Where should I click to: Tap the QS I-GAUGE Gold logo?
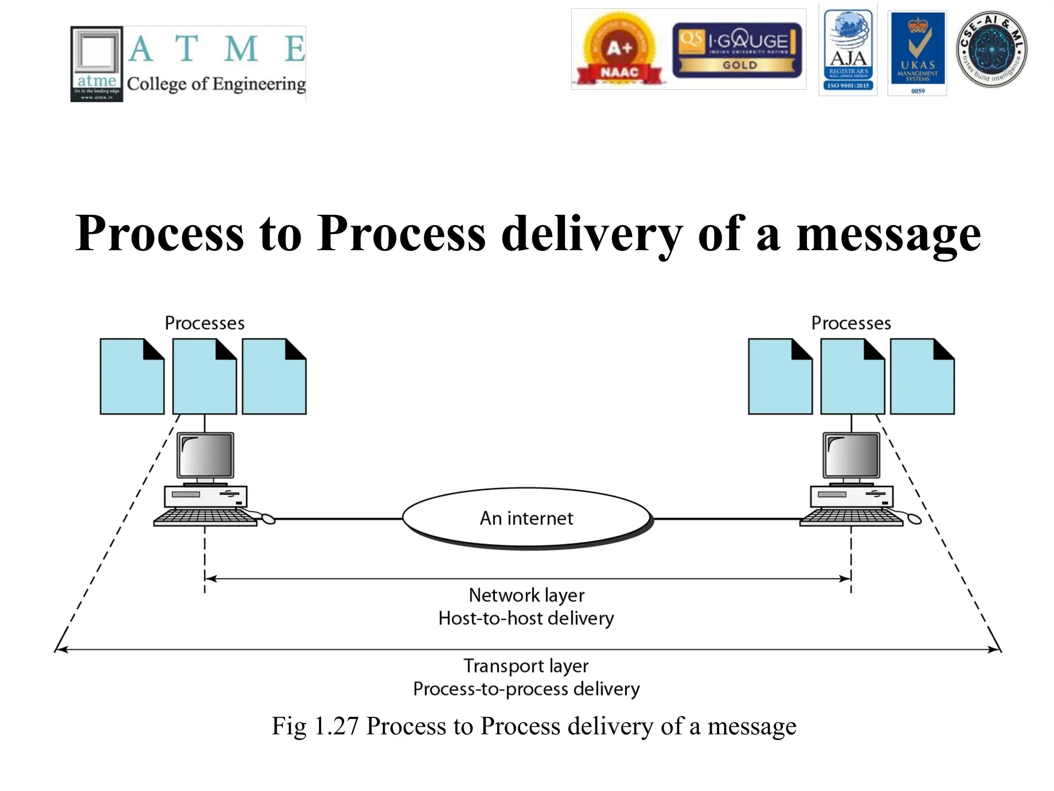[737, 50]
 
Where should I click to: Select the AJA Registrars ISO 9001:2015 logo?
[848, 50]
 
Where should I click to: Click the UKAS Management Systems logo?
[918, 53]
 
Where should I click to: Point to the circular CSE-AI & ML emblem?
[991, 49]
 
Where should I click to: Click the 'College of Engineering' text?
[216, 83]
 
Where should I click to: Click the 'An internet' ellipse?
[526, 518]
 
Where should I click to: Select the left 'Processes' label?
[204, 323]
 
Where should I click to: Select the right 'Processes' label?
[851, 323]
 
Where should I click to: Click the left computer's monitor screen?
[205, 455]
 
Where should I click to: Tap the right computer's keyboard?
[851, 517]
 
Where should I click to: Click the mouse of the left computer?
[268, 519]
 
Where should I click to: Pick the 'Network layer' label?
[526, 595]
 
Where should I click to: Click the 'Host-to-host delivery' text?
[526, 618]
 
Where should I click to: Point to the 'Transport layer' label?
[526, 666]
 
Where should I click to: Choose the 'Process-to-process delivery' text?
[526, 689]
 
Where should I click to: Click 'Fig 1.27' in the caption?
[314, 726]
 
